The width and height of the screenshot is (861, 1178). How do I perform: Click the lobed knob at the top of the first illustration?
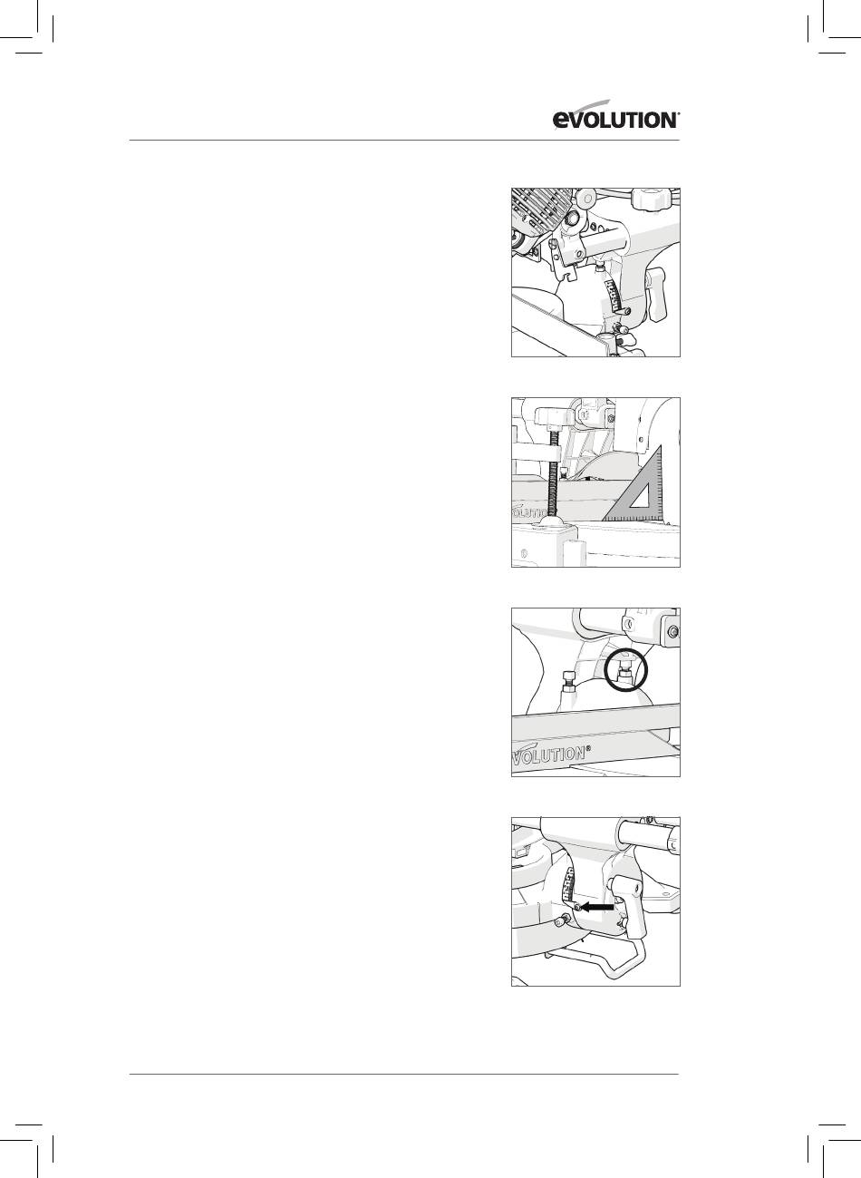pos(652,200)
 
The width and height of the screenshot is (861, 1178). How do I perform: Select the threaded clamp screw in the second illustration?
pos(553,472)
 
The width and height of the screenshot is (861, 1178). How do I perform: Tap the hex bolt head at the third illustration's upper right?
pos(672,630)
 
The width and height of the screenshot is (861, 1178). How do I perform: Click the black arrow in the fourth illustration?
pos(597,907)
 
